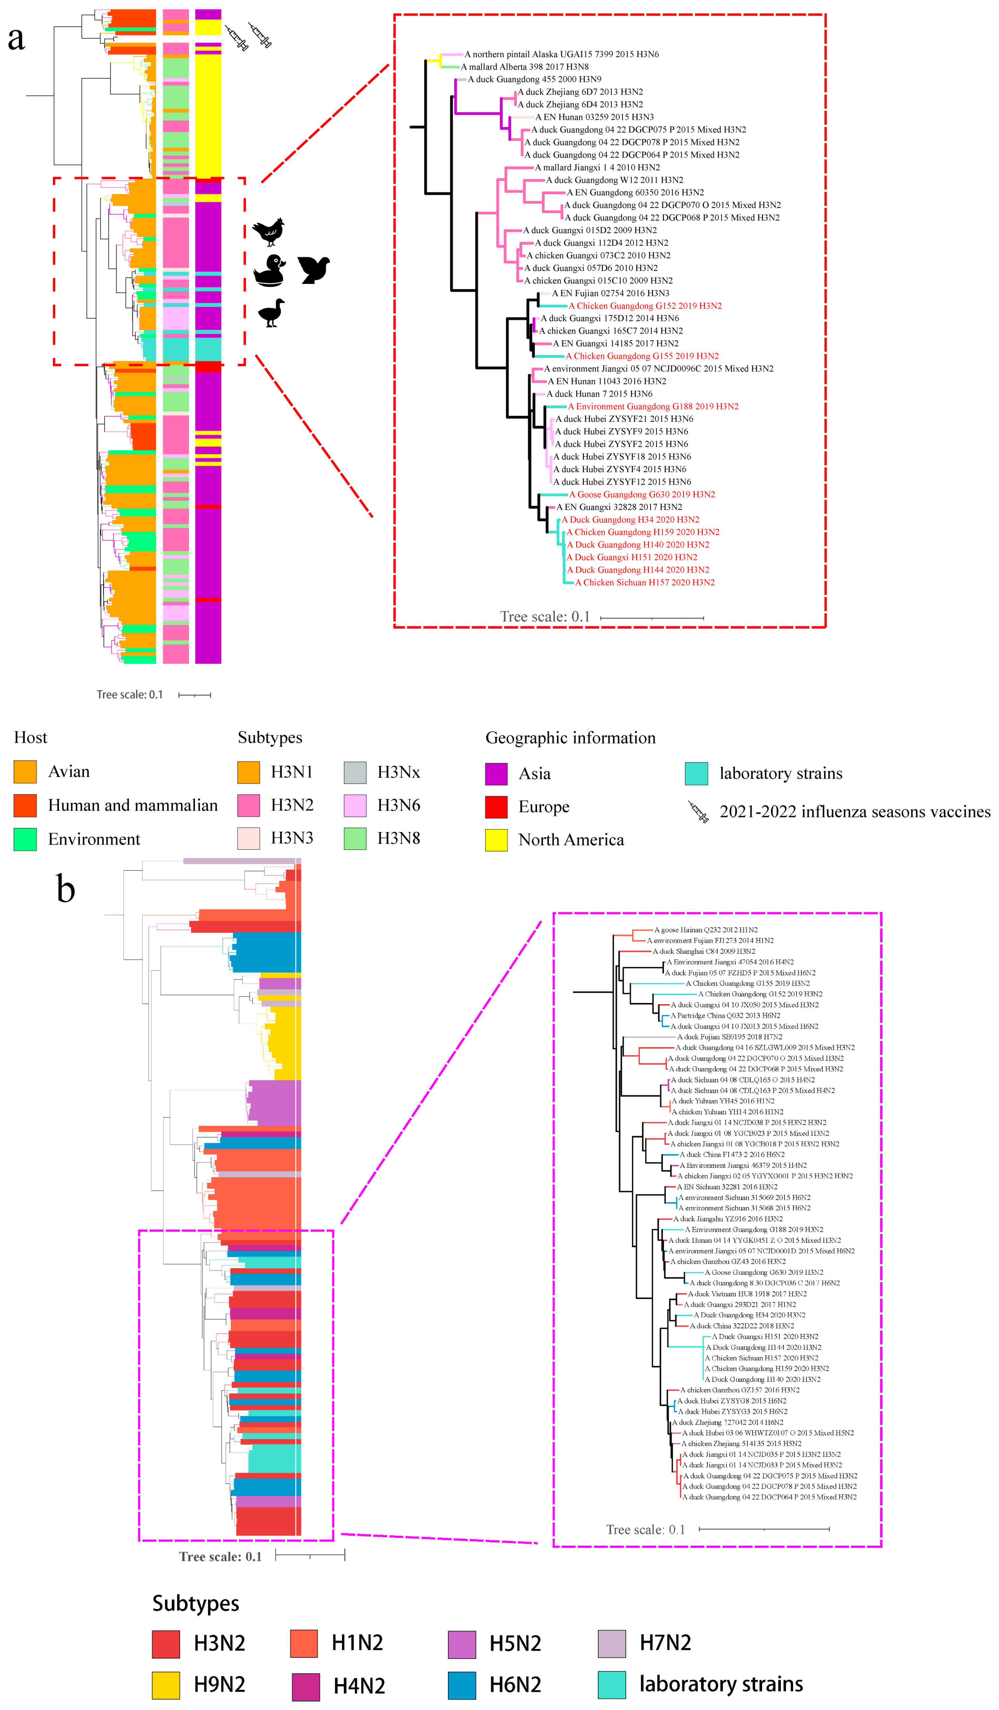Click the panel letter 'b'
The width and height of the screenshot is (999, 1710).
click(66, 889)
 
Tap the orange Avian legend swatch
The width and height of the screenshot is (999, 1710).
click(25, 772)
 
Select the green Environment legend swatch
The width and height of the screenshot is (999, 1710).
click(25, 839)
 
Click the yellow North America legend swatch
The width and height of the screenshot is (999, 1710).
click(496, 840)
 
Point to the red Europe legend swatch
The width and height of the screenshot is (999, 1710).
click(496, 807)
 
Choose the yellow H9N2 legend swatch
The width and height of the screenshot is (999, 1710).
click(166, 1685)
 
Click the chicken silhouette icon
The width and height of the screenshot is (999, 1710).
click(268, 231)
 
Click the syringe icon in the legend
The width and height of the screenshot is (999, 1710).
click(698, 812)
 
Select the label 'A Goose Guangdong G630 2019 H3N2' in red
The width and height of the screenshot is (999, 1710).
click(642, 495)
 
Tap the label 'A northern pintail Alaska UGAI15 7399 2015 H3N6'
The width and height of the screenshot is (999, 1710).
click(562, 54)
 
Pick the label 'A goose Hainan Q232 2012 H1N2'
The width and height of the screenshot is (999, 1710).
click(705, 930)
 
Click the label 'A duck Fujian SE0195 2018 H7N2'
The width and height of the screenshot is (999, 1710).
click(729, 1037)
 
